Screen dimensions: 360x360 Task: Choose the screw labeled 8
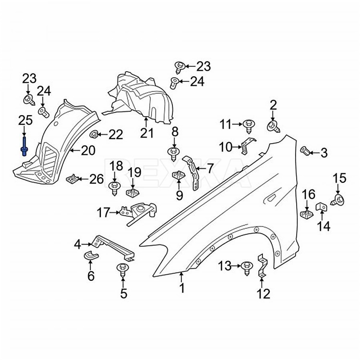click(173, 152)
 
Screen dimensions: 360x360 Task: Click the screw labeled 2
click(273, 126)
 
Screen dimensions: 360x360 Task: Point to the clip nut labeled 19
click(131, 192)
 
